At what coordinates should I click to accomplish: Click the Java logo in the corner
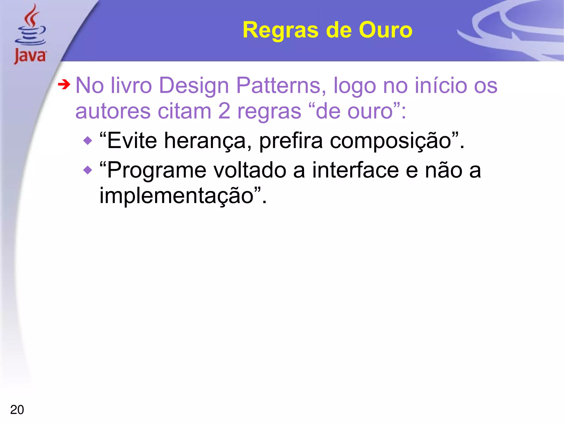(30, 34)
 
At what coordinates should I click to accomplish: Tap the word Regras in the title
(280, 30)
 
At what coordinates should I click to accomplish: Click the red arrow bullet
(64, 85)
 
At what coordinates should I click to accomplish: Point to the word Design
(194, 85)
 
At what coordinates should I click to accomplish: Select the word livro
(131, 85)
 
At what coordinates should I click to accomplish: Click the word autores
(113, 112)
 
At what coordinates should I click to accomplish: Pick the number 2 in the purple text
(224, 111)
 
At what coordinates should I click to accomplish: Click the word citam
(184, 111)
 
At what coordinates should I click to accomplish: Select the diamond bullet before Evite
(88, 141)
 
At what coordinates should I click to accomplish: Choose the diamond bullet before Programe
(88, 170)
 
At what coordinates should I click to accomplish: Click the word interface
(355, 170)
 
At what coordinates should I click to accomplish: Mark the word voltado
(250, 170)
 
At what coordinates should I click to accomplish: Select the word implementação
(176, 196)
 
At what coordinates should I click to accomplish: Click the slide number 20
(17, 410)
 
